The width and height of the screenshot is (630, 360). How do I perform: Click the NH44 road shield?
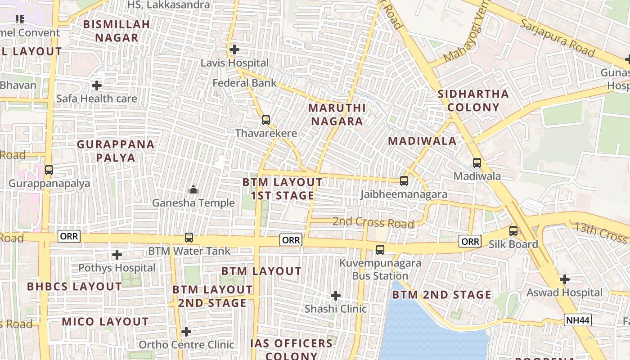[577, 320]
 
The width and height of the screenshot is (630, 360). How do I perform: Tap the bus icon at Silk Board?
[513, 231]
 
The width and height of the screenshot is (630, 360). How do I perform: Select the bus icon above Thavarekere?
[266, 120]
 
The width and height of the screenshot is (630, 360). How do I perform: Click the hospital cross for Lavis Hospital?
[234, 49]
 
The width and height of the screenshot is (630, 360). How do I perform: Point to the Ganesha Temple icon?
[193, 189]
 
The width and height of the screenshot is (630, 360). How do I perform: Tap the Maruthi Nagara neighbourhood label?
[337, 115]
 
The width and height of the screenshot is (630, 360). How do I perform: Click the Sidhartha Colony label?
[473, 101]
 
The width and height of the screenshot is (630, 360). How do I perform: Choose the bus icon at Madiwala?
[477, 163]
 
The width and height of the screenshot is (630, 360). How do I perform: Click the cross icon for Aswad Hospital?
[565, 279]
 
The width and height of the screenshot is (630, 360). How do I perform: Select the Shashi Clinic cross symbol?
[335, 296]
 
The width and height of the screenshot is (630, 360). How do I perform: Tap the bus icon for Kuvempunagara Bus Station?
[380, 250]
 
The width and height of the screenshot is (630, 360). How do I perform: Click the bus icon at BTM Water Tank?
[189, 238]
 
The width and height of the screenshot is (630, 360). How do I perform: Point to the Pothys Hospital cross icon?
[117, 255]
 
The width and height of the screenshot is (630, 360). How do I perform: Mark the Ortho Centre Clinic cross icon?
[186, 332]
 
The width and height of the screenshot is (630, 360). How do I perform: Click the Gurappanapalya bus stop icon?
[49, 170]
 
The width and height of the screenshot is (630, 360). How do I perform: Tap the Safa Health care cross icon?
[97, 85]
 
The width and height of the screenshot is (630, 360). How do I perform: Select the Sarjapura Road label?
[557, 38]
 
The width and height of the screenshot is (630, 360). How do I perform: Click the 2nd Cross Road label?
[373, 223]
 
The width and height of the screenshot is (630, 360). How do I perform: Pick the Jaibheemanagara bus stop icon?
[404, 181]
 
